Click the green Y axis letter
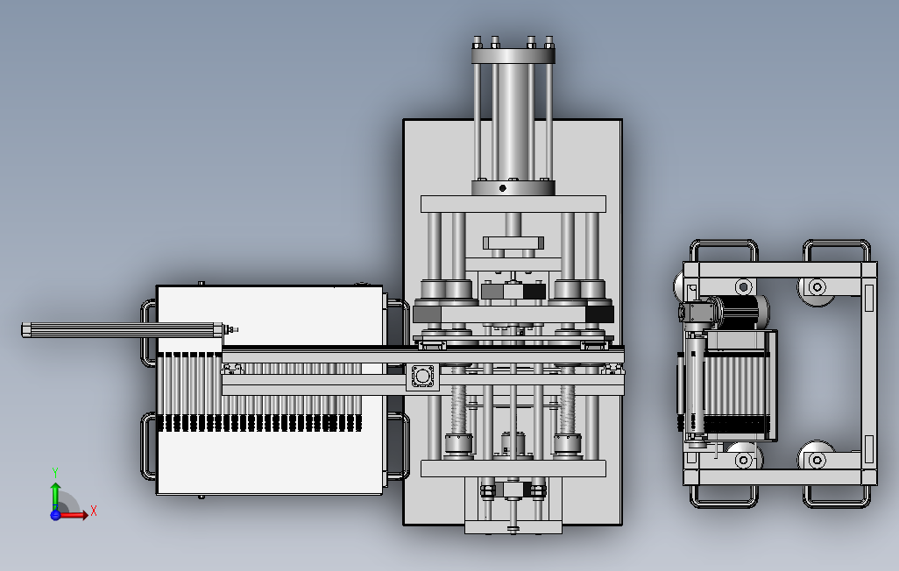tap(55, 473)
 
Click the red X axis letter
tap(94, 511)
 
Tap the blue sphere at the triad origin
tap(55, 515)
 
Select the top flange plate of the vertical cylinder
tap(513, 55)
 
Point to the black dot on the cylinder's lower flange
tap(503, 188)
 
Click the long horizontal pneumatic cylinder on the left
tap(126, 329)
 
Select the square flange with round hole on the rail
tap(422, 377)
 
